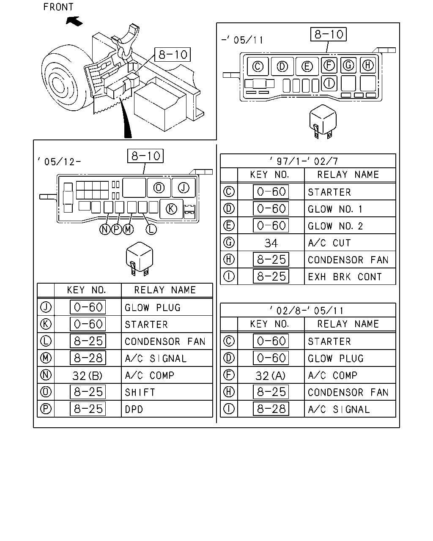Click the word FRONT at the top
tap(58, 7)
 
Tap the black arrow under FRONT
tap(74, 22)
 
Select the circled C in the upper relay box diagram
tap(258, 67)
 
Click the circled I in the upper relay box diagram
tap(329, 83)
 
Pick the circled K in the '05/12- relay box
tap(171, 209)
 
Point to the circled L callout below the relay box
tap(151, 229)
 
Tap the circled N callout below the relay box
tap(105, 229)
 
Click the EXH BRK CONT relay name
tap(345, 277)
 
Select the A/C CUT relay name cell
tap(350, 243)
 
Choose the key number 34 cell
tap(271, 243)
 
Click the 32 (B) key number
tap(87, 376)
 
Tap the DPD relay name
tap(134, 410)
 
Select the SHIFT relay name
tap(140, 392)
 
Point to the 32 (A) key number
tap(271, 376)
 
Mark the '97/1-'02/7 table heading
tap(304, 161)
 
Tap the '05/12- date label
tap(59, 161)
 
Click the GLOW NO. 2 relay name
tap(335, 226)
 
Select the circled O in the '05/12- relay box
tap(159, 188)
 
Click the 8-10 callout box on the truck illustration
tap(173, 55)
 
